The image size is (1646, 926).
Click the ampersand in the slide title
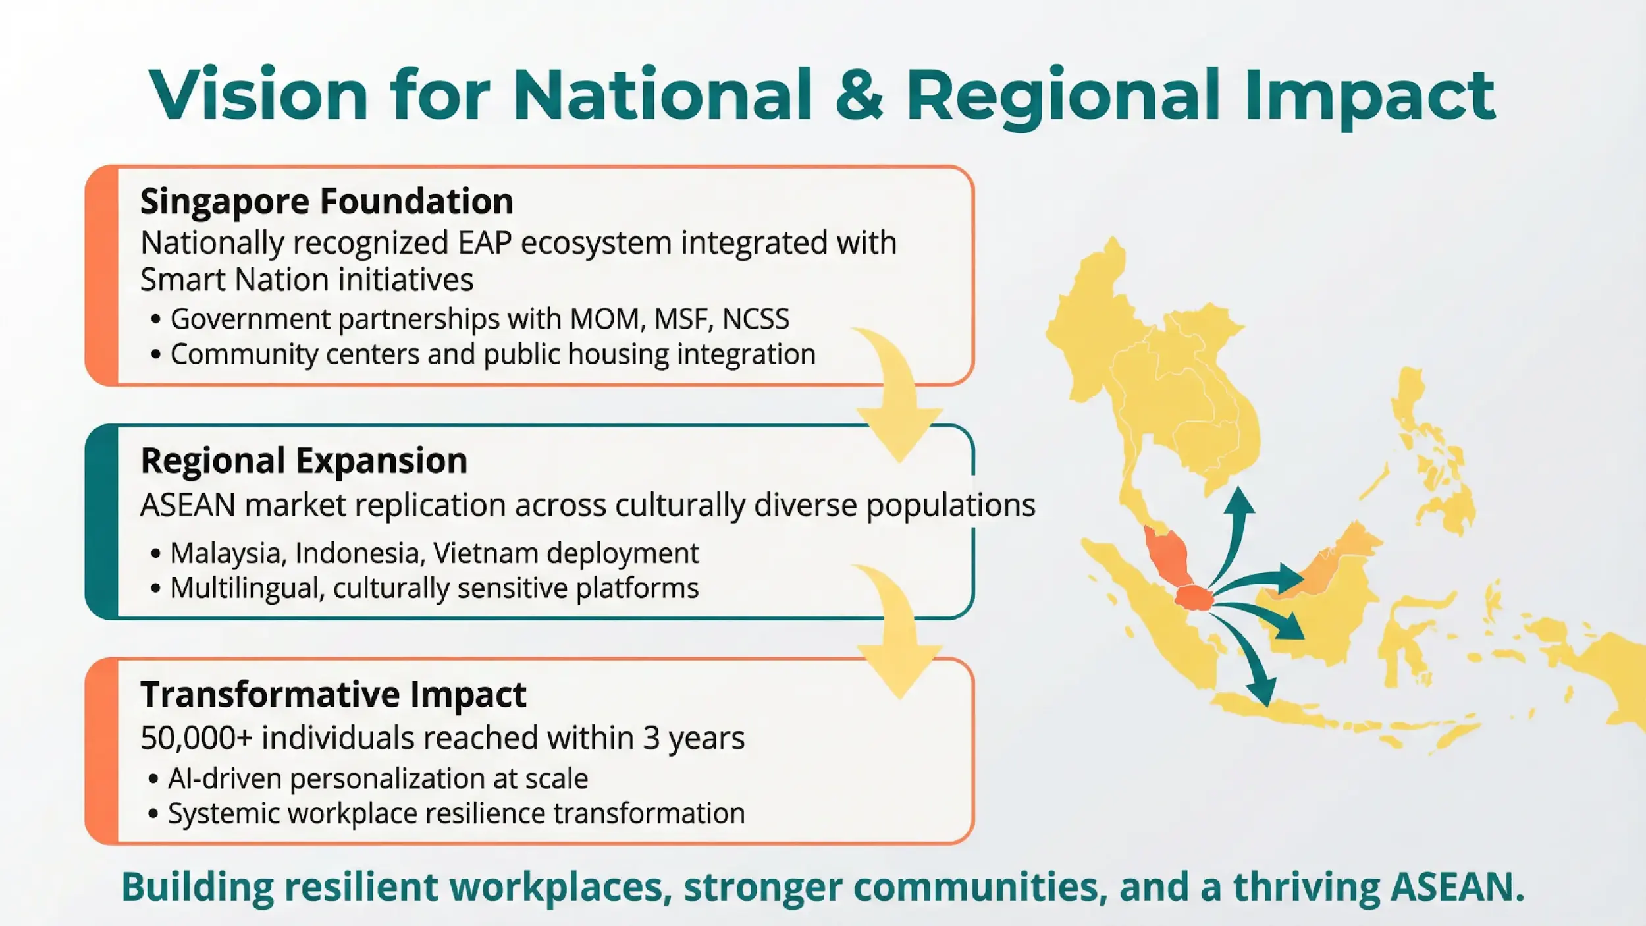(859, 96)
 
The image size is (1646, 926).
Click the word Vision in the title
(257, 95)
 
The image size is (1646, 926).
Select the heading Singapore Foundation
(327, 201)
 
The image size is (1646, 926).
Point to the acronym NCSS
(755, 319)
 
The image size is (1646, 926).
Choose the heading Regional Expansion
(304, 460)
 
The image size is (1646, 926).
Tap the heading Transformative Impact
(333, 694)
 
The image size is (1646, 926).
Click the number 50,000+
(196, 738)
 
